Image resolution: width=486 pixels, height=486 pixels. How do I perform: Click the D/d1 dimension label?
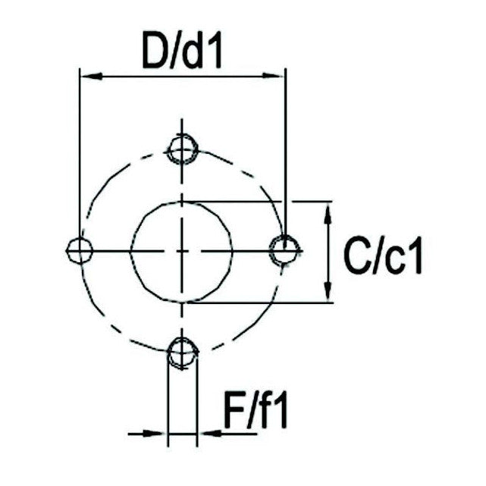tap(182, 51)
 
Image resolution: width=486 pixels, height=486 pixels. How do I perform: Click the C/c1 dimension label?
tap(383, 256)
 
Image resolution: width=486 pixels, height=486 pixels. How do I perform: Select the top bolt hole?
tap(182, 149)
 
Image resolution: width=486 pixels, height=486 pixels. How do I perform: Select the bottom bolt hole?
tap(183, 353)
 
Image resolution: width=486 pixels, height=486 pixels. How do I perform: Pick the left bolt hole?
tap(80, 250)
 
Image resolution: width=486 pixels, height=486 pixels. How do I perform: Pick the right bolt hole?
tap(285, 250)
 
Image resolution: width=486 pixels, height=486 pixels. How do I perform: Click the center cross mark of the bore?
tap(182, 250)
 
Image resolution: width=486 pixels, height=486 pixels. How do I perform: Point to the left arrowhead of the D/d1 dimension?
tap(92, 76)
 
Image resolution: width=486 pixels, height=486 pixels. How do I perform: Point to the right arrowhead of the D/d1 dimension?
tap(274, 75)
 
